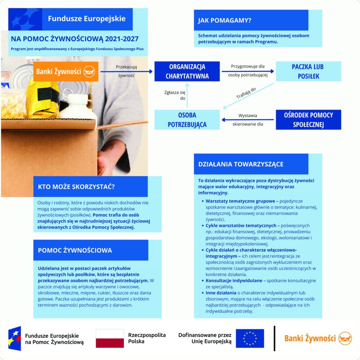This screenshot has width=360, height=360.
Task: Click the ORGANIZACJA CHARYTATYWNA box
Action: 187,71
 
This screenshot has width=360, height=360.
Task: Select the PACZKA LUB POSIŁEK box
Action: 308,71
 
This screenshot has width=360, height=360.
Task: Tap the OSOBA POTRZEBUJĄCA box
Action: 187,120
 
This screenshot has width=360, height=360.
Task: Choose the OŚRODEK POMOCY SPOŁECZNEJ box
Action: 308,120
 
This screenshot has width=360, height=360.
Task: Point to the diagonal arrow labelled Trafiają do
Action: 248,96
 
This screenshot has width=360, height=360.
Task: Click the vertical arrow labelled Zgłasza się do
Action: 187,97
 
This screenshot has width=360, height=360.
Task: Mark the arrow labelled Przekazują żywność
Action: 127,71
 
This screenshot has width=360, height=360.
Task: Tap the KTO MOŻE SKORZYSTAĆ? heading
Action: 76,186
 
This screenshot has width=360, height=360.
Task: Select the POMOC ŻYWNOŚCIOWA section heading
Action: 75,250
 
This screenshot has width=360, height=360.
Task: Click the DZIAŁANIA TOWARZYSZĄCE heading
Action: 241,164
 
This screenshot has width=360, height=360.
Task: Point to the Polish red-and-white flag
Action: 110,338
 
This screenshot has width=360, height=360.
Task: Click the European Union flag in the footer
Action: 250,338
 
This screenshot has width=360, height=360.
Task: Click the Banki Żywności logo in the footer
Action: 318,338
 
